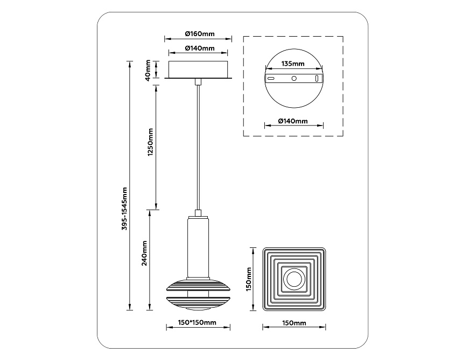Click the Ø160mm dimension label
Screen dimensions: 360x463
(x=199, y=33)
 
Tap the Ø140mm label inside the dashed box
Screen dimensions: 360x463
(x=293, y=121)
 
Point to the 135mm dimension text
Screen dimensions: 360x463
(x=293, y=63)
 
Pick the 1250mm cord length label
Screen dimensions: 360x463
(x=151, y=142)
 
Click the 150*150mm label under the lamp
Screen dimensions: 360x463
(x=197, y=323)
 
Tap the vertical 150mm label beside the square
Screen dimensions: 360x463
(x=249, y=279)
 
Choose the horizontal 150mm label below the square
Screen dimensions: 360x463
(x=294, y=323)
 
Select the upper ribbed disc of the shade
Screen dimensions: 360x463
(x=198, y=286)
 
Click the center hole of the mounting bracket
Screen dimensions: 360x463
(x=294, y=78)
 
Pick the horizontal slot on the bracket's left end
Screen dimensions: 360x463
(x=272, y=78)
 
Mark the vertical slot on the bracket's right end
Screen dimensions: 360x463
(x=316, y=78)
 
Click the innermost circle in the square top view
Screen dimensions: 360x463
(x=294, y=279)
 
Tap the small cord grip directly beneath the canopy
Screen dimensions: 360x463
(x=198, y=82)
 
